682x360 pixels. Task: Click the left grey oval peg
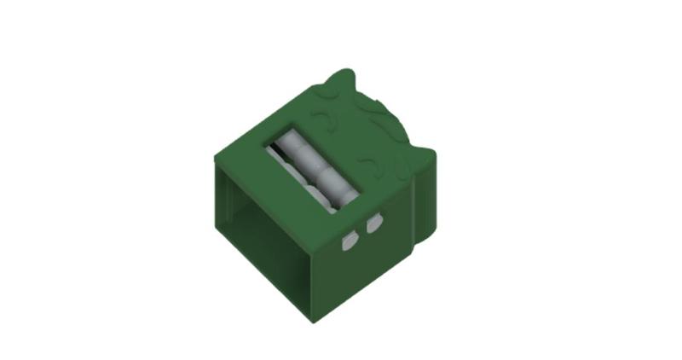coord(348,243)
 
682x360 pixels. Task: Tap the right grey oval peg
coord(373,225)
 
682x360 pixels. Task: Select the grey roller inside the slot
coord(311,167)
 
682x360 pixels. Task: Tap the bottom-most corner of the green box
coord(312,320)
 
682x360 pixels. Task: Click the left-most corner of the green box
coord(214,159)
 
